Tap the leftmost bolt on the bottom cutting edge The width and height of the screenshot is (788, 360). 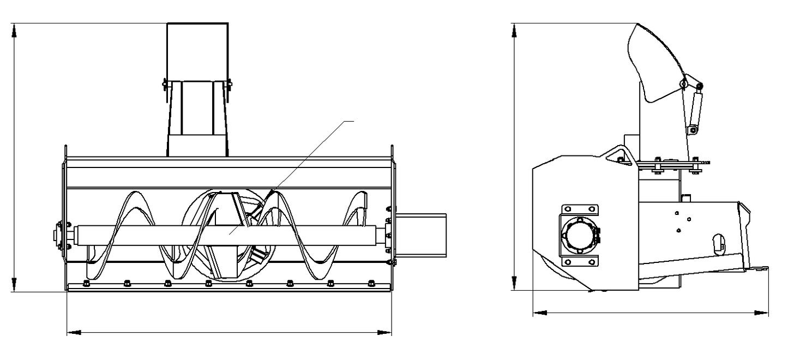click(x=86, y=283)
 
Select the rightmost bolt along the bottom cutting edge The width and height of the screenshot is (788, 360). click(x=371, y=283)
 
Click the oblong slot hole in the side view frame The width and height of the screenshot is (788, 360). click(x=719, y=243)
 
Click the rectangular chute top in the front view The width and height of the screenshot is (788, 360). click(x=197, y=52)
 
